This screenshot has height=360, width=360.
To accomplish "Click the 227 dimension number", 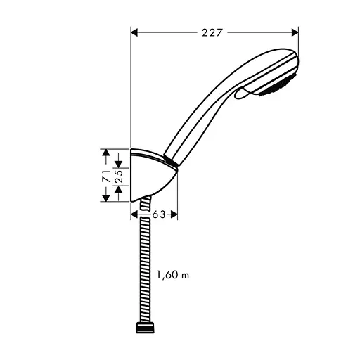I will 215,31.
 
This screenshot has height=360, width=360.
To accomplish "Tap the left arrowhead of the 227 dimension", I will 136,31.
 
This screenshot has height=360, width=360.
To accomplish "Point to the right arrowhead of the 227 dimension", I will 295,31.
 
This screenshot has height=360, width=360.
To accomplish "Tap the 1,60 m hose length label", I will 173,276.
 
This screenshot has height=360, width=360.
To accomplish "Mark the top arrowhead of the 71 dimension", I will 105,153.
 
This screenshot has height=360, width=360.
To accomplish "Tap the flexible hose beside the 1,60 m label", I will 146,274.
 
